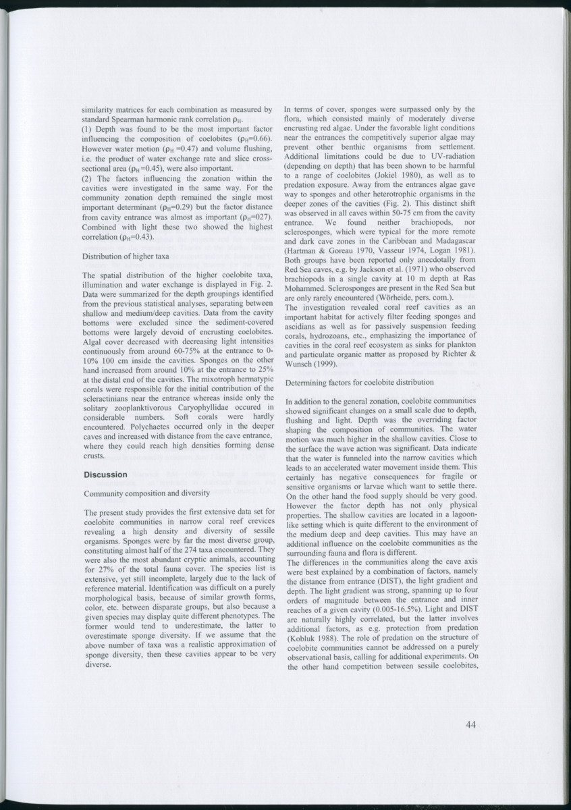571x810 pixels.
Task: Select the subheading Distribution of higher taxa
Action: click(x=125, y=256)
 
